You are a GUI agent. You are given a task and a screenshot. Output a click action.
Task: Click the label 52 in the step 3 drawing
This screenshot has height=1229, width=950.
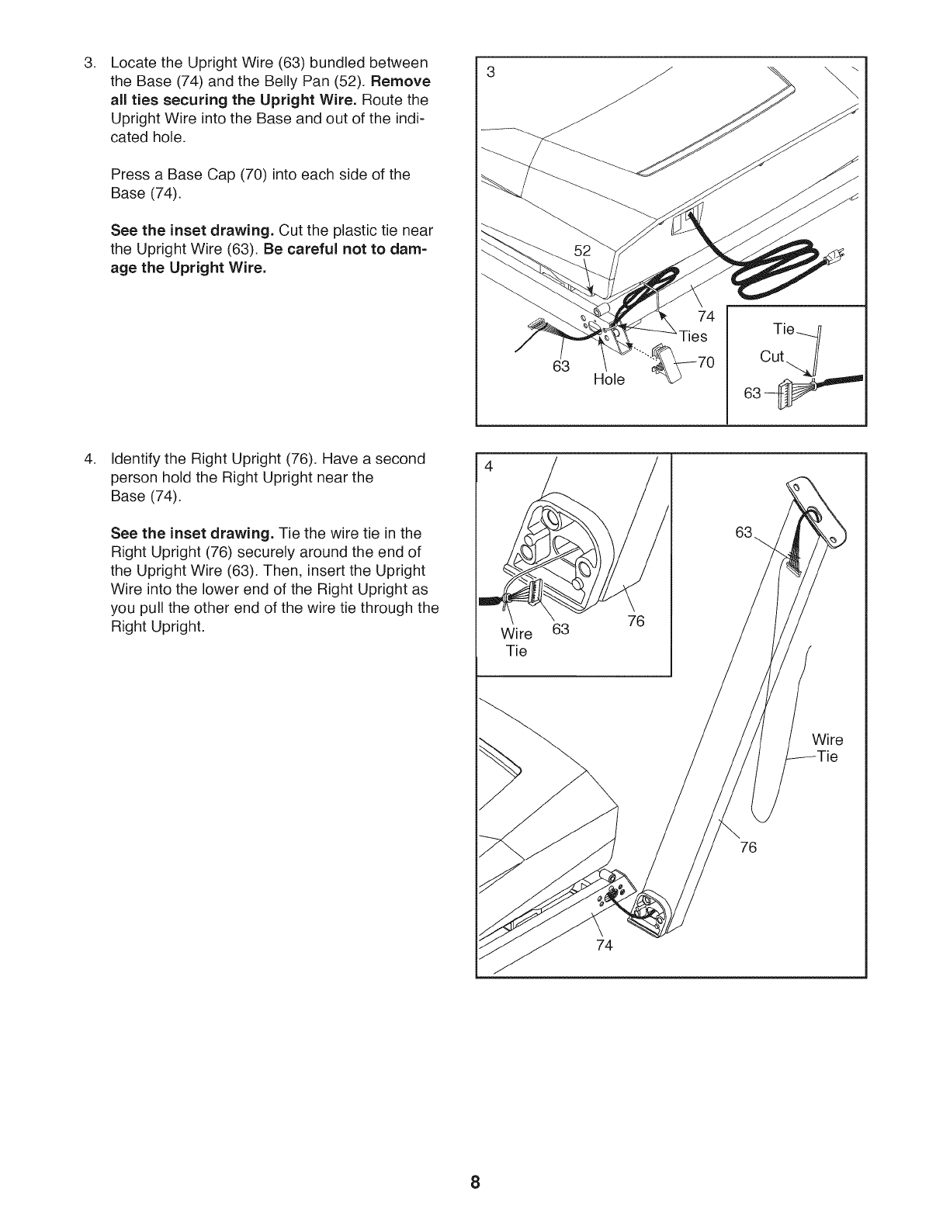582,251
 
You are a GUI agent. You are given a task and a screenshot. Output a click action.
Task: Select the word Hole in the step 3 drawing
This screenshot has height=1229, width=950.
608,380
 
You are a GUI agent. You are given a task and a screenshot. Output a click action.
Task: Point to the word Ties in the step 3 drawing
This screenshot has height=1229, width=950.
693,336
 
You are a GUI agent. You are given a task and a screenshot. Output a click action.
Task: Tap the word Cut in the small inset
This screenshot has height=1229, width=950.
772,356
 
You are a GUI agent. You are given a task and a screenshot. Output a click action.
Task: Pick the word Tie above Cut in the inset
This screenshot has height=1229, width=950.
785,329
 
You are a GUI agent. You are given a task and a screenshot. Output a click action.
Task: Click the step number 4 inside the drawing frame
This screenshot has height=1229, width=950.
489,467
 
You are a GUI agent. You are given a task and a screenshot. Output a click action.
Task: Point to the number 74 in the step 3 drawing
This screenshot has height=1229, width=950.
706,317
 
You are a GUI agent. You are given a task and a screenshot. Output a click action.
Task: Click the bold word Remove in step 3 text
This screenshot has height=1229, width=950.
401,81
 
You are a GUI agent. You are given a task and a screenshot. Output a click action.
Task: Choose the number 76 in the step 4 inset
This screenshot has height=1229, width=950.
636,621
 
